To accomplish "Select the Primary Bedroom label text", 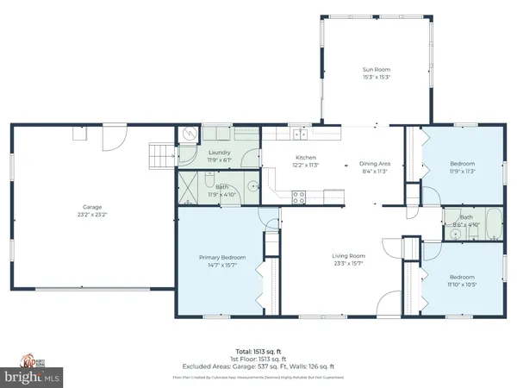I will click(x=221, y=258).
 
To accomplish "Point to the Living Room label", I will click(x=350, y=255).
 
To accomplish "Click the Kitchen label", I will click(x=306, y=158).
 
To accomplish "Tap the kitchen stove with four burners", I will click(x=299, y=195).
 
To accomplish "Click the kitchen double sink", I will click(x=298, y=133).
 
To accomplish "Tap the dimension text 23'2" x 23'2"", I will click(x=92, y=214).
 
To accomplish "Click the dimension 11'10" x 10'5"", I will click(x=462, y=284).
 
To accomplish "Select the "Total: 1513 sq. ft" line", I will click(x=258, y=353).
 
